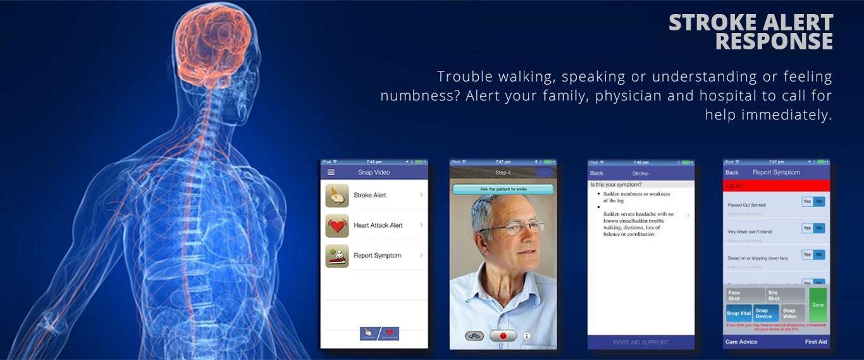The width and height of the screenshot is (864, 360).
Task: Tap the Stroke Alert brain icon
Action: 337,196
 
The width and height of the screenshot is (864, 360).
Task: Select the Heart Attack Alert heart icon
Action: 337,226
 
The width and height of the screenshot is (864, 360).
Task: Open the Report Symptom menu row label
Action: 377,256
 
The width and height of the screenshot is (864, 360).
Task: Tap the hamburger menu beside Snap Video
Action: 331,172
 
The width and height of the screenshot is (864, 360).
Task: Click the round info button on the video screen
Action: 527,336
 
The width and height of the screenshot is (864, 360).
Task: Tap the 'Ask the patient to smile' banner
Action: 502,189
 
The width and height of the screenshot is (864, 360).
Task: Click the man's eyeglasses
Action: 513,227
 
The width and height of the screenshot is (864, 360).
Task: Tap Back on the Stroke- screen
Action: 596,173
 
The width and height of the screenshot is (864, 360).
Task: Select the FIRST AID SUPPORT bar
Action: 641,342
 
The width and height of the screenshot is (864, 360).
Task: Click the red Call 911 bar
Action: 775,186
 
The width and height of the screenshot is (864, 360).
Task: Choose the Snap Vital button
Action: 738,313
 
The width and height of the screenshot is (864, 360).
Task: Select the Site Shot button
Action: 785,295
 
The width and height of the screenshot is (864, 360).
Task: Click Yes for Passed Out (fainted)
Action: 807,202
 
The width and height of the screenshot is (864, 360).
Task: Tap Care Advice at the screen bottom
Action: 741,342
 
